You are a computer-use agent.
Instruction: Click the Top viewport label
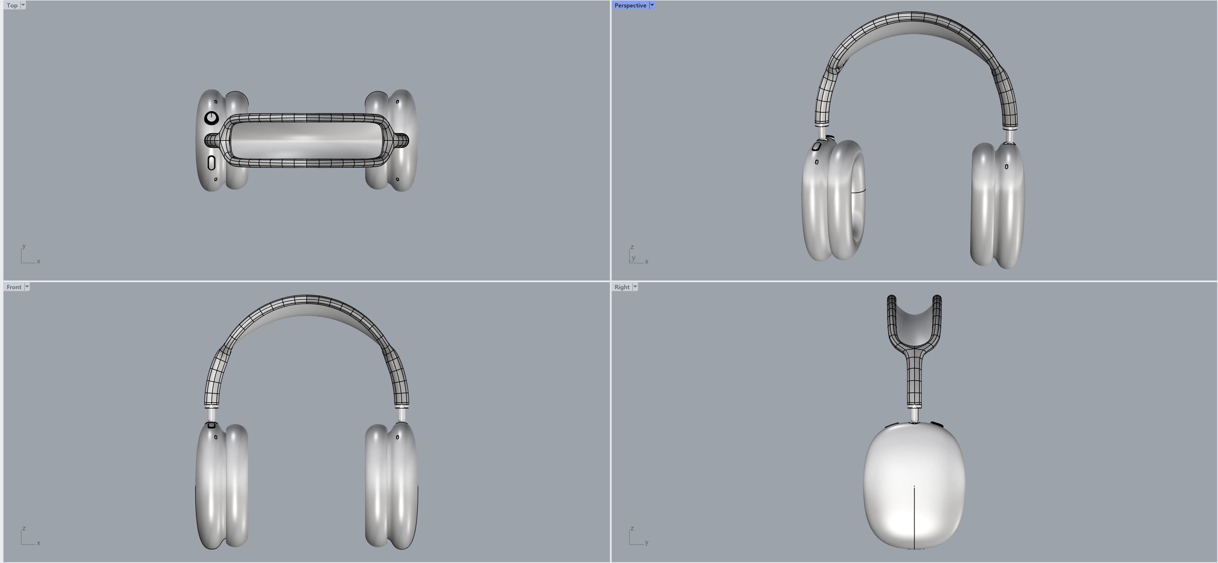point(12,5)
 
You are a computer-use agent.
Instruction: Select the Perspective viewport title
point(630,5)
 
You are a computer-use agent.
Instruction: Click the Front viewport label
point(14,287)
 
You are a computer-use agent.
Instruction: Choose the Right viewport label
point(622,287)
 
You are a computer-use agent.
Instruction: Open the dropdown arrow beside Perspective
point(652,5)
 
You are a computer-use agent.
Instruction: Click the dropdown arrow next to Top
point(23,5)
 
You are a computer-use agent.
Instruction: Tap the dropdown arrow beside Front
point(27,287)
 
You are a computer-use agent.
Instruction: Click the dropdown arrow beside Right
point(635,287)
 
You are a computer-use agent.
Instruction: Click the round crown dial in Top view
point(211,118)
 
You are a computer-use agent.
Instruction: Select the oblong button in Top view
point(211,163)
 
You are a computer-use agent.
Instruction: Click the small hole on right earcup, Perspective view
point(1006,166)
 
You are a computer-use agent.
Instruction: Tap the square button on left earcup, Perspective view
point(816,147)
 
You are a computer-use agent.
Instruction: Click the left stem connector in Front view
point(211,414)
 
